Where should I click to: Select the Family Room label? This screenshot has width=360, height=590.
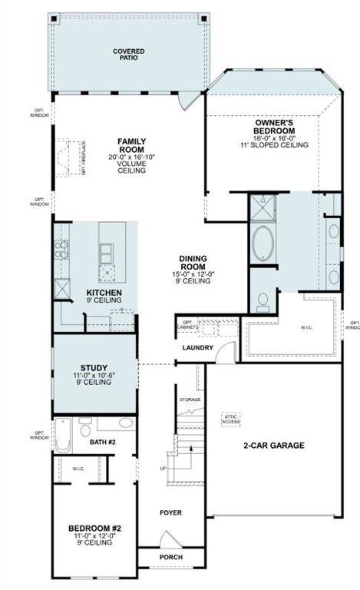coord(131,145)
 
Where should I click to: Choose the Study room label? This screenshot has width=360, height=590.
coord(94,367)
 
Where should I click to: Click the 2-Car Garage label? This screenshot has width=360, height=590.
coord(274,445)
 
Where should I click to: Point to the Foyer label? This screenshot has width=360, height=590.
coord(170,512)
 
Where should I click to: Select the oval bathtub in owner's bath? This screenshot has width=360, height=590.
coord(266,244)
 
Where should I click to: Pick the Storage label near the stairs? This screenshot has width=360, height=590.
coord(189,399)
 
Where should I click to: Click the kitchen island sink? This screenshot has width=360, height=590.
coord(107,251)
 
